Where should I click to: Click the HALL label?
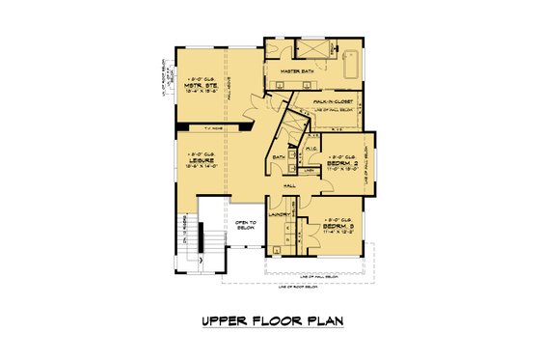[x=289, y=185]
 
